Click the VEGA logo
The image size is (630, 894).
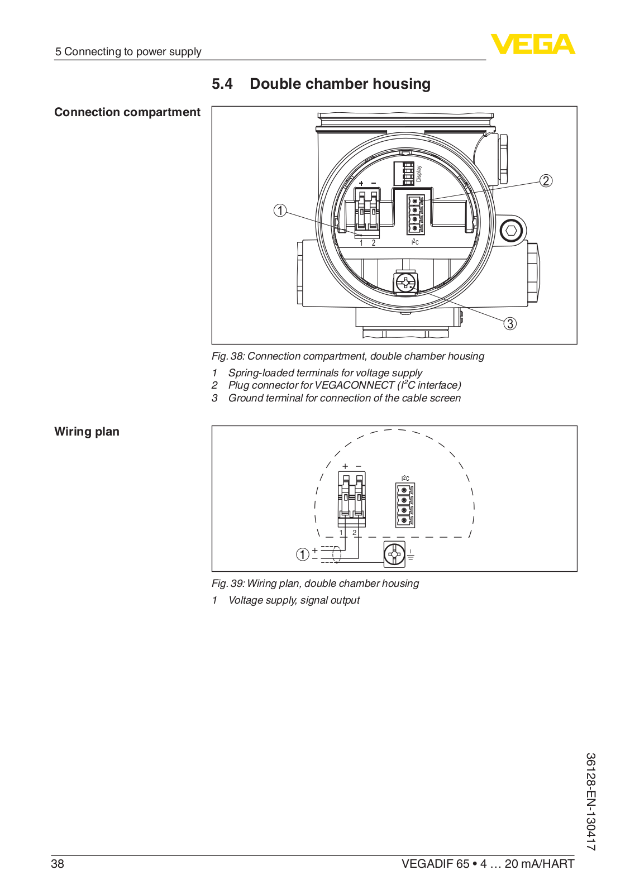[x=532, y=45]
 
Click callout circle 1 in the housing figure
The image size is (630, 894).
[x=280, y=211]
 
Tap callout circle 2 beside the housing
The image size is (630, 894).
[x=546, y=181]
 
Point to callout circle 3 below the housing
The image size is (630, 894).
[x=509, y=323]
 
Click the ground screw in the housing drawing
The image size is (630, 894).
[x=405, y=283]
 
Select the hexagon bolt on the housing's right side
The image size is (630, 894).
[x=510, y=230]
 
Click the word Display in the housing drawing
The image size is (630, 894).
[x=419, y=174]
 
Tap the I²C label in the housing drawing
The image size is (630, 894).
[x=415, y=242]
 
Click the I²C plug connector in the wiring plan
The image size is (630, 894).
[x=405, y=505]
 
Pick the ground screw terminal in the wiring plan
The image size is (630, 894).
[x=394, y=554]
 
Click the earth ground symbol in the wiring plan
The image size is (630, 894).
[x=411, y=554]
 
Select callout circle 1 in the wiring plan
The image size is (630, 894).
[x=302, y=554]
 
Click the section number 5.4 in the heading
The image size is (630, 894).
[x=222, y=84]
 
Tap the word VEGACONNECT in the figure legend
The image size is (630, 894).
[x=355, y=385]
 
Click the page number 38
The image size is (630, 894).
[x=58, y=864]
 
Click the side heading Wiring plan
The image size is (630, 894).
[x=87, y=432]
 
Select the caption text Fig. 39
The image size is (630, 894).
[x=228, y=584]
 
